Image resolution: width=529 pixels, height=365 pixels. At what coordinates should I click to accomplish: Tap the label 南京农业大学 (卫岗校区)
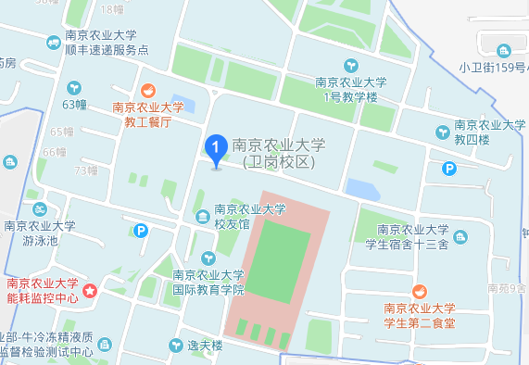[x=279, y=153]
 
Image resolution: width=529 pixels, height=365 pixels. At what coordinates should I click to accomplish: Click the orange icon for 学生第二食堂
[x=420, y=291]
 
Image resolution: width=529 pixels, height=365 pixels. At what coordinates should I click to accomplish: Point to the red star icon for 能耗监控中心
[x=91, y=291]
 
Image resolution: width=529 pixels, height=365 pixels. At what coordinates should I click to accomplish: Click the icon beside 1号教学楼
[x=352, y=65]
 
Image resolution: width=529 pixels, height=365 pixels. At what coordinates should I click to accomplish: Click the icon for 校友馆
[x=203, y=217]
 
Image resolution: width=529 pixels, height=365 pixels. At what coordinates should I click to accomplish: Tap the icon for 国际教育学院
[x=208, y=258]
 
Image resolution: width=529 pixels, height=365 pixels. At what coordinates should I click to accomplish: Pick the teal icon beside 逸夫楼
[x=173, y=346]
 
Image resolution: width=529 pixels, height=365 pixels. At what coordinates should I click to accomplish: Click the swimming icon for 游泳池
[x=40, y=209]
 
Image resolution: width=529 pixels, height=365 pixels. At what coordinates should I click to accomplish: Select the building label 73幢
[x=86, y=170]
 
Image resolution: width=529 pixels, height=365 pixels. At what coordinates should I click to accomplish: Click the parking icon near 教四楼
[x=449, y=169]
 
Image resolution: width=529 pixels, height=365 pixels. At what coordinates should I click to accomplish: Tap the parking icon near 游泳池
[x=141, y=231]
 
